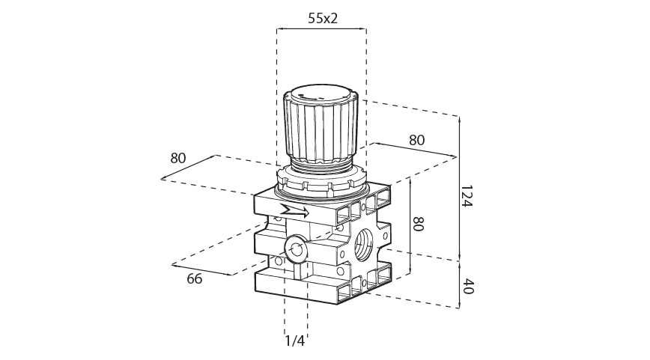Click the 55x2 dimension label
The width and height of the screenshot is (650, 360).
(323, 18)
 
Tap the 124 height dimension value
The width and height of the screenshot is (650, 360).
(467, 196)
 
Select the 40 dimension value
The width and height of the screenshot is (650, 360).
(467, 286)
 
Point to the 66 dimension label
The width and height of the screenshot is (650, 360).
(195, 279)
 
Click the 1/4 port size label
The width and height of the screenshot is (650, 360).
(295, 341)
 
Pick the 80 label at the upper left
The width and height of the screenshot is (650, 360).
(177, 158)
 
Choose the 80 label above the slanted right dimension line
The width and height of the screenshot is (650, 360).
(416, 140)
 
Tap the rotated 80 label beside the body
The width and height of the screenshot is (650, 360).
(419, 224)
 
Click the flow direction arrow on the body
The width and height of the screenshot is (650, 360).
(295, 211)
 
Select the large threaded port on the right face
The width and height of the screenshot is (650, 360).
(366, 244)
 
